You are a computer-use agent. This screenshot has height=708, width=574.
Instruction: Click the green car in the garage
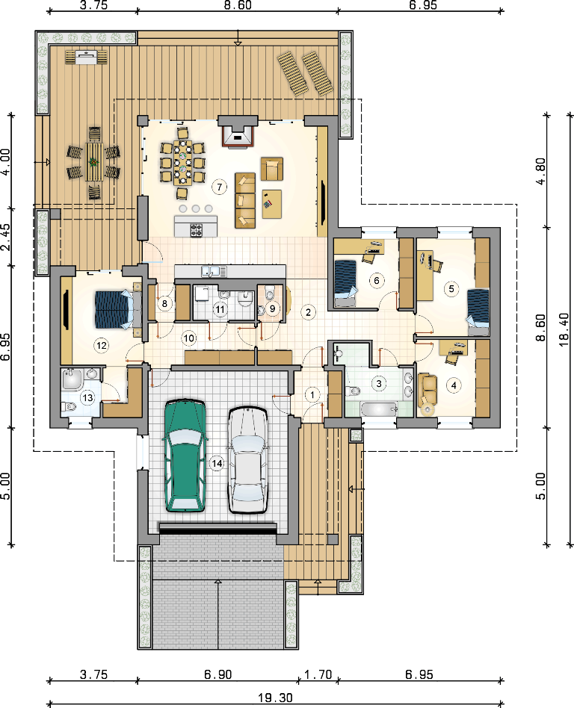pyautogui.click(x=185, y=455)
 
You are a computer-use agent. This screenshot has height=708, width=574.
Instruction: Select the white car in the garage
pyautogui.click(x=247, y=459)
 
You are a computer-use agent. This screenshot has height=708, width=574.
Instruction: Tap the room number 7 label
pyautogui.click(x=219, y=187)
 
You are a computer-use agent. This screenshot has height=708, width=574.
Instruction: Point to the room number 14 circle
pyautogui.click(x=217, y=463)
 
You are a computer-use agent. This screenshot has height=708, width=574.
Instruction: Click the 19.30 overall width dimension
pyautogui.click(x=275, y=698)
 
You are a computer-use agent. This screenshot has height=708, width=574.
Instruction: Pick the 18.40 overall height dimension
pyautogui.click(x=564, y=330)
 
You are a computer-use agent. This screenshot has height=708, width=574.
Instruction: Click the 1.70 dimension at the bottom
pyautogui.click(x=318, y=674)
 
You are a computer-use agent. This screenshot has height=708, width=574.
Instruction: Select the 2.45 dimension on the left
pyautogui.click(x=6, y=237)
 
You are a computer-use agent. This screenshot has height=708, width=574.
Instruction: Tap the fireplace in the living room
pyautogui.click(x=238, y=132)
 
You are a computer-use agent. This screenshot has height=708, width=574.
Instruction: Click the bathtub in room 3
pyautogui.click(x=379, y=409)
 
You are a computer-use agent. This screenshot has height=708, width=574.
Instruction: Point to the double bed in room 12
pyautogui.click(x=115, y=309)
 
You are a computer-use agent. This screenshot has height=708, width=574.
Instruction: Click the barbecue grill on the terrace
pyautogui.click(x=87, y=58)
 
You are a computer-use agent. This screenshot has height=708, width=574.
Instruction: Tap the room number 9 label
pyautogui.click(x=272, y=309)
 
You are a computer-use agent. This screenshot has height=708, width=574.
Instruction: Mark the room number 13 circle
pyautogui.click(x=87, y=397)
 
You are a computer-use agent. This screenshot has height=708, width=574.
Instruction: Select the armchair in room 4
pyautogui.click(x=428, y=389)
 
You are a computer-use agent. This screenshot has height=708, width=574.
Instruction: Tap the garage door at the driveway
pyautogui.click(x=217, y=527)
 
